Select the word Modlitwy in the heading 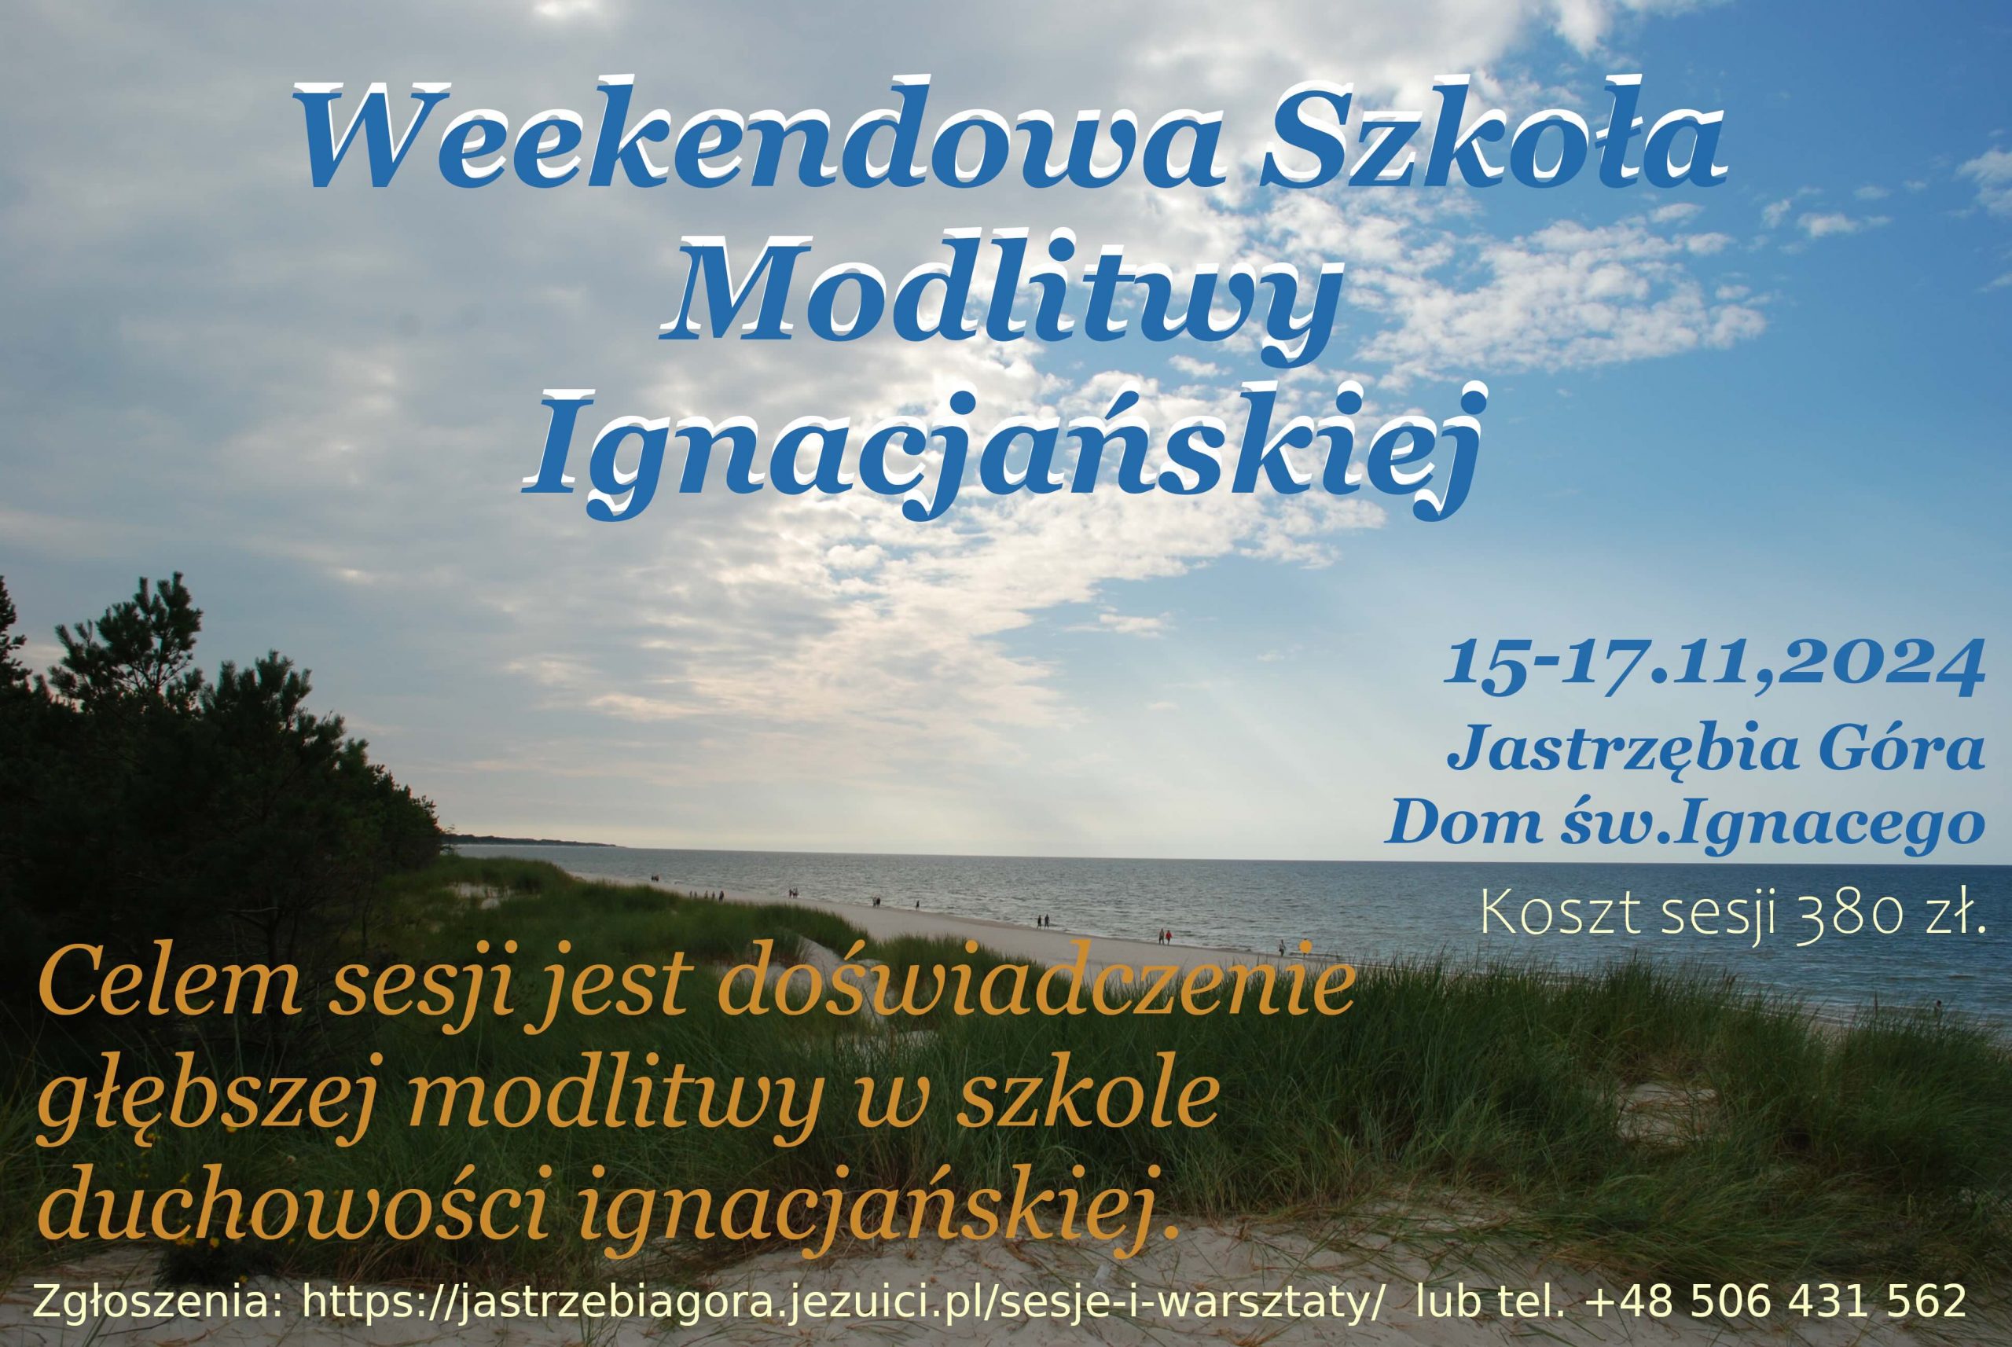[x=1000, y=297]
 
